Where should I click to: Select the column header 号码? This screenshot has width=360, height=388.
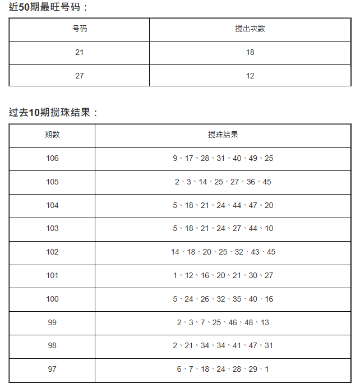[x=80, y=29]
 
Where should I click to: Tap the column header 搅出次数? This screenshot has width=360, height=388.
[x=250, y=29]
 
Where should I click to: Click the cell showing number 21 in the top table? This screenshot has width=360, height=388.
[x=80, y=52]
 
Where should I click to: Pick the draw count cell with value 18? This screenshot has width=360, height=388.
[x=250, y=52]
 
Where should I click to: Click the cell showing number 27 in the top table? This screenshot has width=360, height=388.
[x=80, y=76]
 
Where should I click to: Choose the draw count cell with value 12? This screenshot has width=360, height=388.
[x=250, y=76]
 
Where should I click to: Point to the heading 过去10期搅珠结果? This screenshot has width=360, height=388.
[x=53, y=112]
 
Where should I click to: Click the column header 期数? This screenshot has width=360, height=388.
[x=52, y=135]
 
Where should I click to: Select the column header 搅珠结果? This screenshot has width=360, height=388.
[x=223, y=135]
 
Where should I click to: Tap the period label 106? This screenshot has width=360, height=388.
[x=52, y=158]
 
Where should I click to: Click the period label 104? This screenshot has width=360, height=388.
[x=52, y=205]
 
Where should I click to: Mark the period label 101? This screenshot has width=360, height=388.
[x=52, y=275]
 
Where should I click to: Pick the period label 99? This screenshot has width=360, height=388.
[x=52, y=322]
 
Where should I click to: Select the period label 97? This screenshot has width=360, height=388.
[x=52, y=369]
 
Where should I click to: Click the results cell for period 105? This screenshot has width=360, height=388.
[x=223, y=182]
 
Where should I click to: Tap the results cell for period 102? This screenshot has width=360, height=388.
[x=223, y=252]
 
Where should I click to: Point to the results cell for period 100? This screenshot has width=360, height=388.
[x=223, y=299]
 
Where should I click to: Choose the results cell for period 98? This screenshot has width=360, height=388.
[x=223, y=345]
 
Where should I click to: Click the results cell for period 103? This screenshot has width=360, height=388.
[x=223, y=228]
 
